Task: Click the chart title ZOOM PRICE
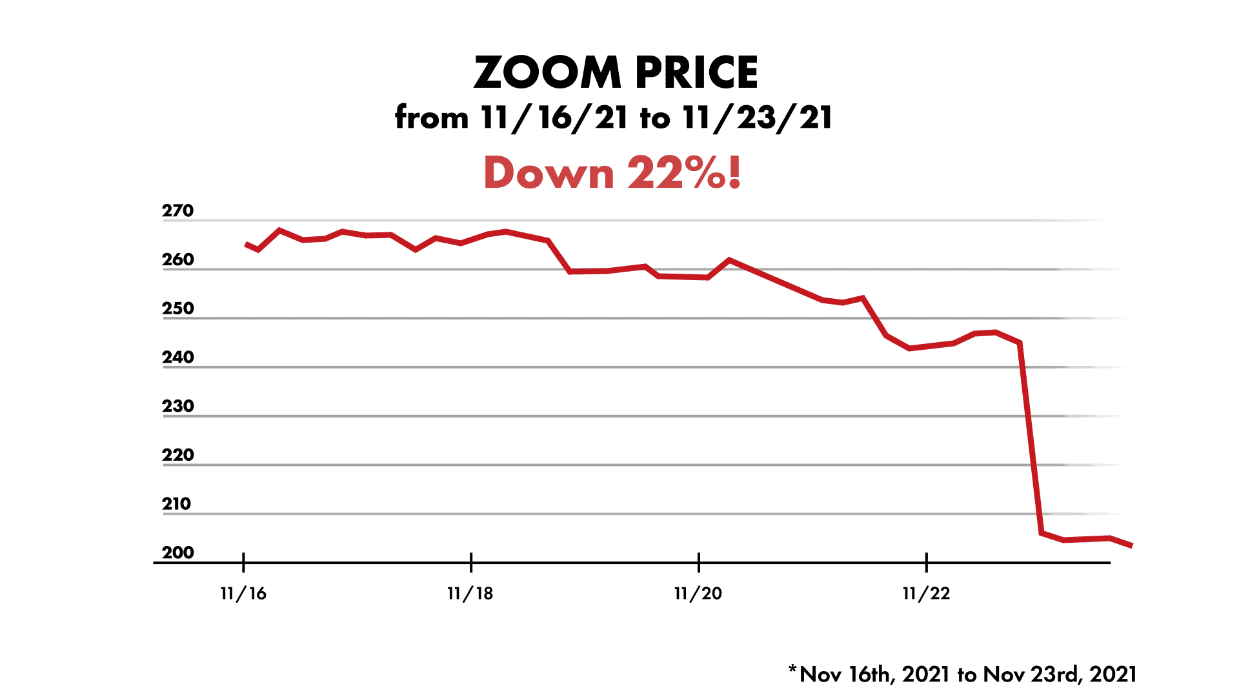(x=616, y=72)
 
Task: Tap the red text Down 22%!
(x=612, y=173)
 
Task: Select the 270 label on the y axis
(x=177, y=211)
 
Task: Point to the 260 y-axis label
(x=177, y=259)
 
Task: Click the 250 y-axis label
(x=177, y=308)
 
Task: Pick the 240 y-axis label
(x=177, y=358)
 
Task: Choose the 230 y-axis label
(x=177, y=407)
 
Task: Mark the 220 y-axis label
(x=177, y=455)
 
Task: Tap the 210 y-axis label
(x=176, y=504)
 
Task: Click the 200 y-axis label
(x=177, y=553)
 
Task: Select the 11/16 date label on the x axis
(x=243, y=594)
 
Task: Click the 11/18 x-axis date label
(x=470, y=594)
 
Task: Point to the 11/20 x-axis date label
(x=698, y=594)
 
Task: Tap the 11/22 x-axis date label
(x=926, y=594)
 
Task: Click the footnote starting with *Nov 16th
(x=962, y=674)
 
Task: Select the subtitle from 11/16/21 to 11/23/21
(x=614, y=118)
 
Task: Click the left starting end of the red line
(x=247, y=245)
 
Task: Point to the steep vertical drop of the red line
(x=1031, y=439)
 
